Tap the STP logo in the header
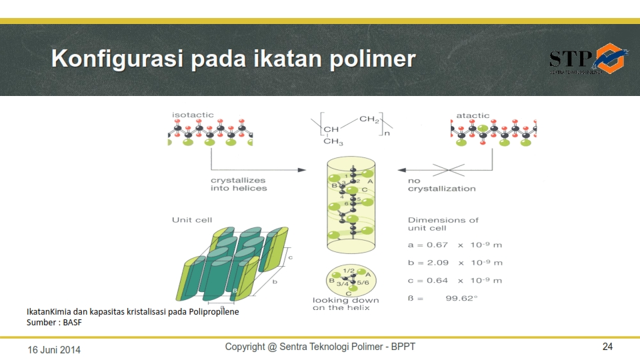coord(587,59)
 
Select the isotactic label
coord(193,115)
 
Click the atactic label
coord(472,115)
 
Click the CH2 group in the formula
coord(369,119)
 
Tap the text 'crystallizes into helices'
coord(238,184)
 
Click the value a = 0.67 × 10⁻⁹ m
coord(455,245)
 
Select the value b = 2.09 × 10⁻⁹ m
coord(455,263)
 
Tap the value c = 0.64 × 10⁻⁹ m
coord(455,281)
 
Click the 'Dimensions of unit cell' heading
coord(443,224)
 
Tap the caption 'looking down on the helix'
coord(345,304)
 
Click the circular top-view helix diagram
coord(351,279)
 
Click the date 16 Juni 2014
coord(53,349)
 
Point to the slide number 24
coord(607,347)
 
